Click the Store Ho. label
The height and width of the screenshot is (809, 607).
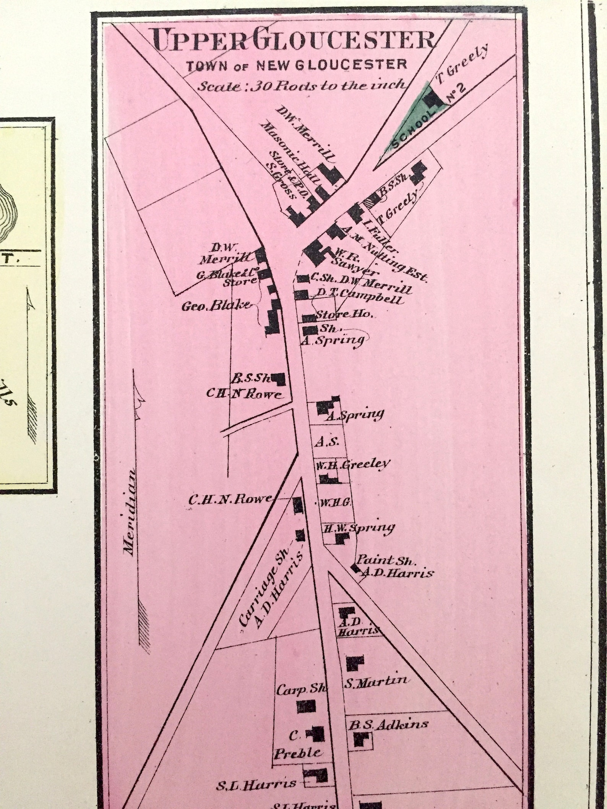click(x=342, y=315)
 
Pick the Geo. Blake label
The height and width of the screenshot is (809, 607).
click(x=217, y=305)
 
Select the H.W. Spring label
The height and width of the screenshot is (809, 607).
click(x=359, y=529)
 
